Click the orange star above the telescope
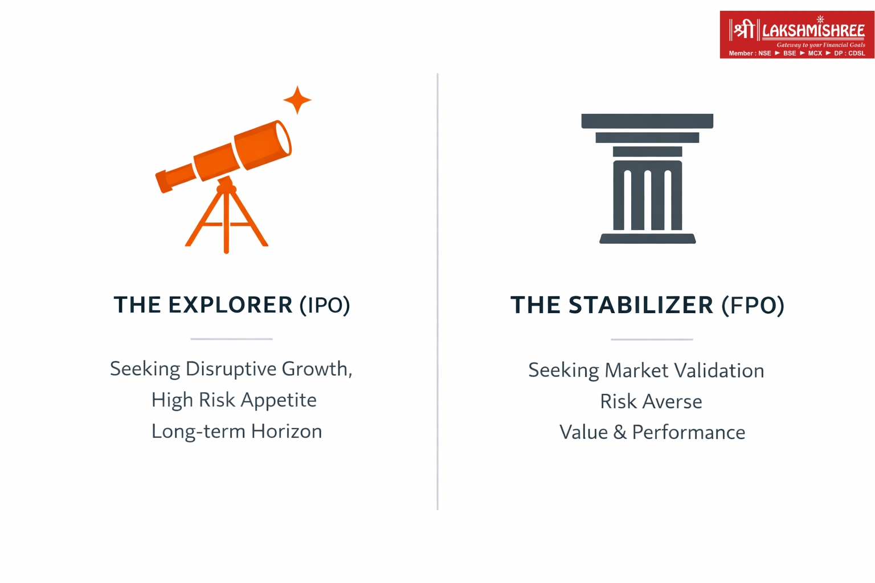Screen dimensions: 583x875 297,100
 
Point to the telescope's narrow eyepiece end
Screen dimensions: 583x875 162,182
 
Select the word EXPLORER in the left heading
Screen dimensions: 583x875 230,305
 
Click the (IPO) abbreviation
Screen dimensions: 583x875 325,305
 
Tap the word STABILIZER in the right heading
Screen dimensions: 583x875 641,305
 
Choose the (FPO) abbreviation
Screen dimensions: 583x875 753,305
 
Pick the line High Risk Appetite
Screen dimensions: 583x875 234,400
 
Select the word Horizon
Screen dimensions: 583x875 287,431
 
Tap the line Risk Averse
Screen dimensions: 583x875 651,401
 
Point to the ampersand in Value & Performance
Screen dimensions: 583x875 620,433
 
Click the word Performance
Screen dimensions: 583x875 688,433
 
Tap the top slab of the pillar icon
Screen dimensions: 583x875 647,121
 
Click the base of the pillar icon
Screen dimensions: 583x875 647,239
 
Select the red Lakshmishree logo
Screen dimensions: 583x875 796,34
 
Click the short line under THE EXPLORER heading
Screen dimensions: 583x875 231,339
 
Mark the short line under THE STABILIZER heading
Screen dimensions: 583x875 652,339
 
